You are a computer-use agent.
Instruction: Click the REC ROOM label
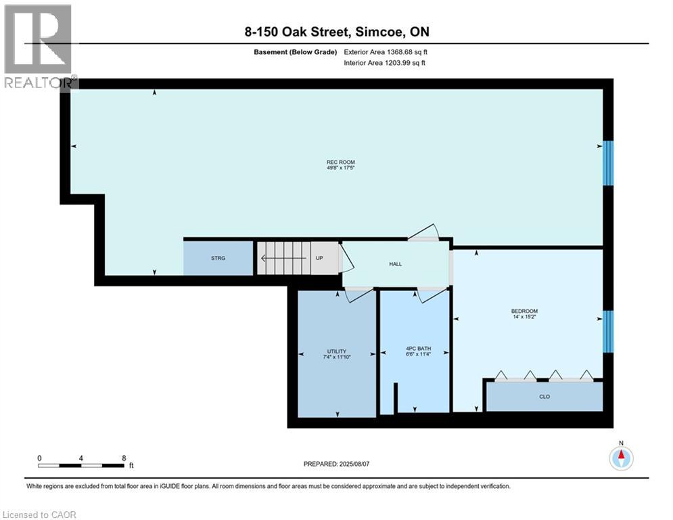[340, 162]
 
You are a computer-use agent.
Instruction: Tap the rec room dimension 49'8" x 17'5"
[340, 169]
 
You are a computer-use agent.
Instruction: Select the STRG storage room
[218, 258]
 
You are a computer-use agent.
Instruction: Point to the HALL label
[396, 264]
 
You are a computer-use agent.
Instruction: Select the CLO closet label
[544, 397]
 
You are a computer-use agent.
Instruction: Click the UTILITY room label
[336, 351]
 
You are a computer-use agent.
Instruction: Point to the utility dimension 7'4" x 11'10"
[336, 357]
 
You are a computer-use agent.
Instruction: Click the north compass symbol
[620, 458]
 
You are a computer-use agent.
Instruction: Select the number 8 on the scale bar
[124, 458]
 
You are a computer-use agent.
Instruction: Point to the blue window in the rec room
[608, 163]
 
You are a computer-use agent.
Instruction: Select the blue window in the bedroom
[608, 332]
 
